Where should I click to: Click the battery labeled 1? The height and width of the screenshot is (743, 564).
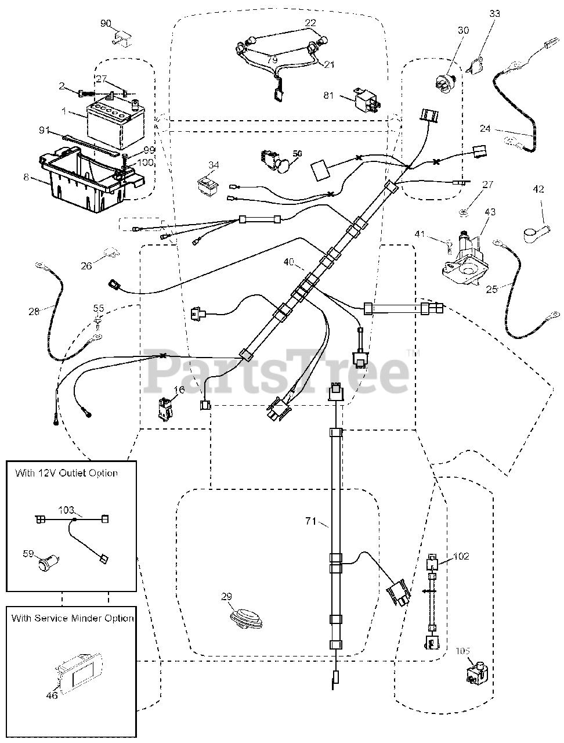(115, 124)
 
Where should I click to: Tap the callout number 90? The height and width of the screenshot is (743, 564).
(106, 23)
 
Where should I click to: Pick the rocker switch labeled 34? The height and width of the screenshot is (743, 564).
(208, 184)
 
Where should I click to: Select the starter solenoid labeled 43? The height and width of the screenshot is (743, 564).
(466, 259)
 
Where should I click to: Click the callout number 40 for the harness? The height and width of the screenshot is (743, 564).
(289, 262)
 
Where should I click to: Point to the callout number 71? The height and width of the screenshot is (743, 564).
(310, 521)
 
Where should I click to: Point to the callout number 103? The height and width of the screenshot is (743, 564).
(66, 510)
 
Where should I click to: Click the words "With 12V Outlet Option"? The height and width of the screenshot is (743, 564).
(66, 473)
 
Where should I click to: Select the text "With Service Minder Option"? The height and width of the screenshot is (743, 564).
(73, 618)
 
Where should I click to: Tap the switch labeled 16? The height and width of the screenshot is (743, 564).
(166, 409)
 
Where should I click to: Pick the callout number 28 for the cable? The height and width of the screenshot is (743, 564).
(34, 311)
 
